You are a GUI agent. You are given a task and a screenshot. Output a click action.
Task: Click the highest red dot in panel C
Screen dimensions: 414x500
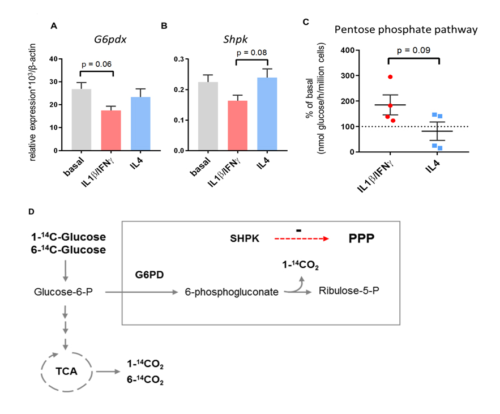tap(390, 77)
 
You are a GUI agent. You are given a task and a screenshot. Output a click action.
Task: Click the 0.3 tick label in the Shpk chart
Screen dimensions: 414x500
tap(179, 59)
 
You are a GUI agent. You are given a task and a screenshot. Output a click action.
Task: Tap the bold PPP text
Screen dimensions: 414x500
tap(361, 238)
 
